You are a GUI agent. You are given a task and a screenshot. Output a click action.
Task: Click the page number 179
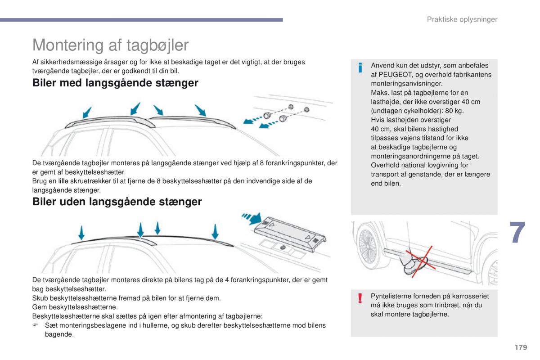(521, 347)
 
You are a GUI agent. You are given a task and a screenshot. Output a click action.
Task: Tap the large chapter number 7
(517, 232)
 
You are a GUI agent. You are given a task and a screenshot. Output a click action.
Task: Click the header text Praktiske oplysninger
(462, 19)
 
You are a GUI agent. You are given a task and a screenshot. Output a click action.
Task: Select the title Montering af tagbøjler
(110, 45)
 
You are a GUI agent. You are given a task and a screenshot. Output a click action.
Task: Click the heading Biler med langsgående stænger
(115, 83)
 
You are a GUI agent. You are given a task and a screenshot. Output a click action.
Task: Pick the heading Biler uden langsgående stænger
(117, 202)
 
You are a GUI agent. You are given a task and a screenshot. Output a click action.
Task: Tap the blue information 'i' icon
(360, 67)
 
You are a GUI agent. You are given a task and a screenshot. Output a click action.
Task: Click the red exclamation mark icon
(360, 298)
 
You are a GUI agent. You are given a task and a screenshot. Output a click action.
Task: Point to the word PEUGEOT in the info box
(395, 75)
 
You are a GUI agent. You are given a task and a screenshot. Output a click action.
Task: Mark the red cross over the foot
(421, 262)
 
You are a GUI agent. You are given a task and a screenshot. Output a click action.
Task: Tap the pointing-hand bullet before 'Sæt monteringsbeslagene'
(35, 325)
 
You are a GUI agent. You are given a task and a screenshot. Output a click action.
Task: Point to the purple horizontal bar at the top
(141, 20)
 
